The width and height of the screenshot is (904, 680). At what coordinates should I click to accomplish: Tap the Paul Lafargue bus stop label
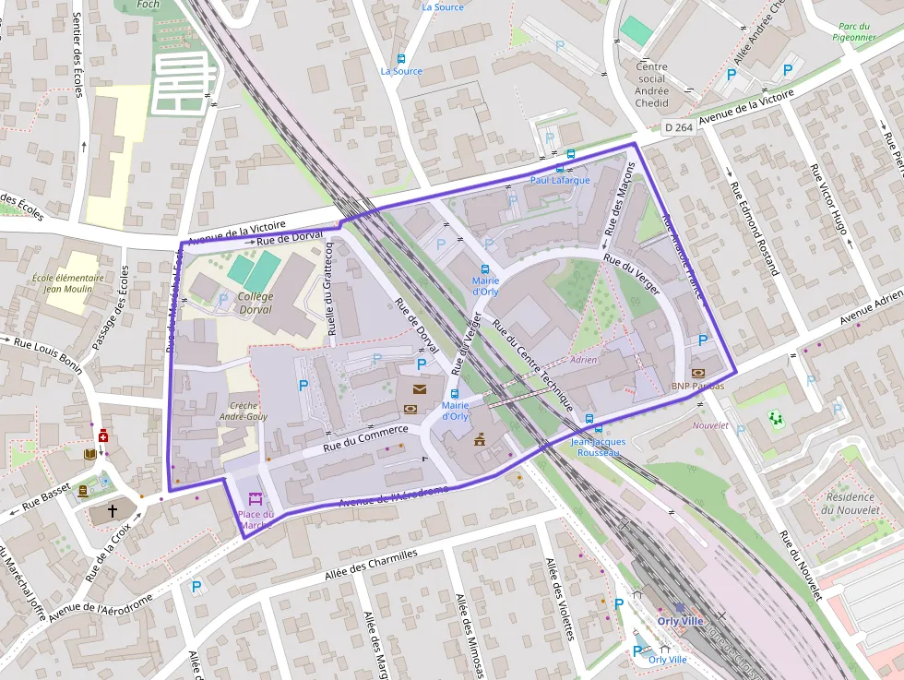560,180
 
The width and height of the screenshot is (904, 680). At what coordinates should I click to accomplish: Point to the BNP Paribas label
697,386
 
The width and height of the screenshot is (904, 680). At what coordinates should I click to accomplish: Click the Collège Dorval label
256,303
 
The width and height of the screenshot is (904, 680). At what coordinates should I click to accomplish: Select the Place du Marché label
256,519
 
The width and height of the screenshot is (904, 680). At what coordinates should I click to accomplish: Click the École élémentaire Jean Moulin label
67,283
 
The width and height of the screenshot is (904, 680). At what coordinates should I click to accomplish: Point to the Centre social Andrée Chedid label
651,84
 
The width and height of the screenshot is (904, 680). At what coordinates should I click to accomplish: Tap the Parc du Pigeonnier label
855,33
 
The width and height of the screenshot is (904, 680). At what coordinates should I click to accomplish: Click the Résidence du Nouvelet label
850,504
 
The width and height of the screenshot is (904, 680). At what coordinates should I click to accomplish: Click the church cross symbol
113,509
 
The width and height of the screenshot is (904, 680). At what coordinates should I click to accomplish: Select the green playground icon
776,420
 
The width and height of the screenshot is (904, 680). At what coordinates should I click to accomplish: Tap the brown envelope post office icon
420,389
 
